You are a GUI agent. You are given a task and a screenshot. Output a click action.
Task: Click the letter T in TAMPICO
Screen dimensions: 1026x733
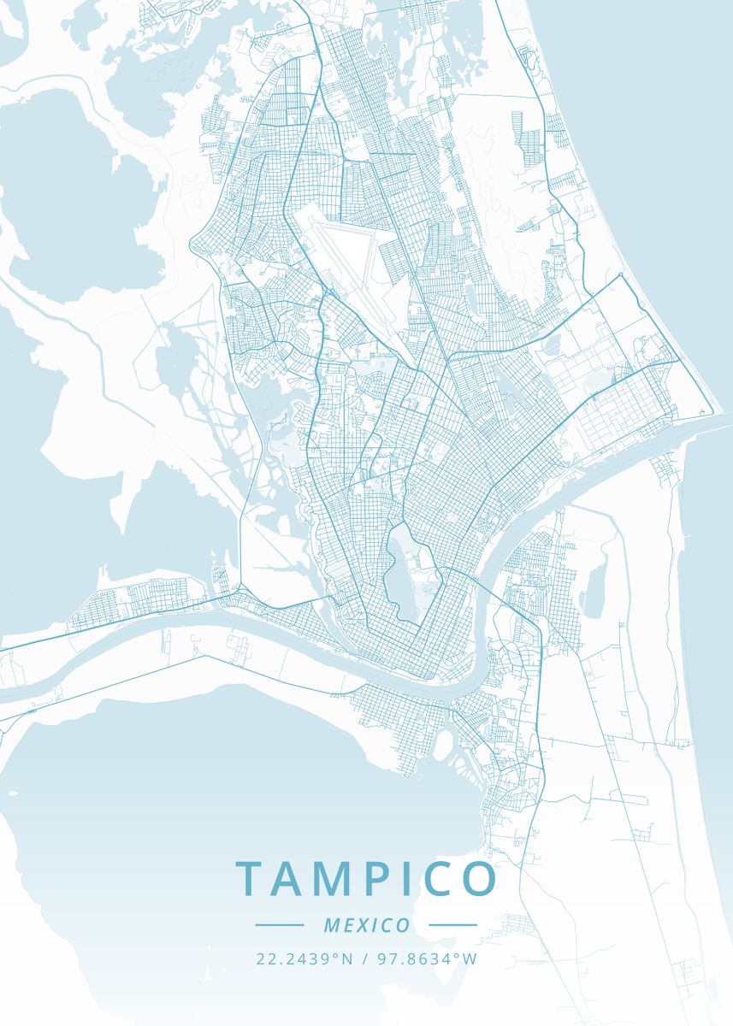251,879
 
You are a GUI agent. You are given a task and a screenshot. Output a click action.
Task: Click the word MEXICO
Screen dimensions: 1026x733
367,925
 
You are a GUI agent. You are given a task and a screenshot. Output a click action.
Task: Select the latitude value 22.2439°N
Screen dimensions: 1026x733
304,958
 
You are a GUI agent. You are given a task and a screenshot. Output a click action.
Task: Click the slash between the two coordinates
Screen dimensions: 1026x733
365,958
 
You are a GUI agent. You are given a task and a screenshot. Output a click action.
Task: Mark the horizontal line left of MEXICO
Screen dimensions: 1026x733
279,925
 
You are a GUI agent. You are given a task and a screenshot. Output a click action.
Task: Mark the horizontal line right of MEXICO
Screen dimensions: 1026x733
452,925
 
